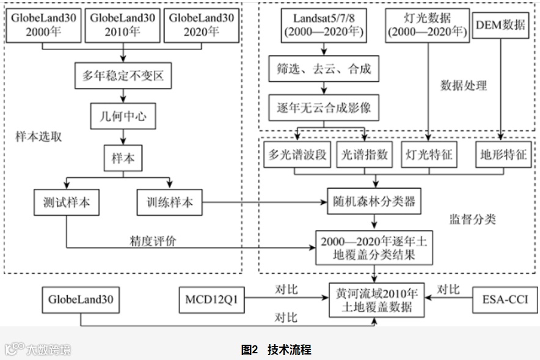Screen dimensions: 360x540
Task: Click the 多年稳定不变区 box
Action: point(123,76)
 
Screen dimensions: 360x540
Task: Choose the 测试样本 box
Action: point(67,202)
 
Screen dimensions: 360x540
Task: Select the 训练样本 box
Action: point(169,202)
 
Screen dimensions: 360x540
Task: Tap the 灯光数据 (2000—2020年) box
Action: point(427,25)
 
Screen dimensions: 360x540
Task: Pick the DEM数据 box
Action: point(500,25)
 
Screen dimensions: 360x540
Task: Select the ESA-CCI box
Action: point(506,300)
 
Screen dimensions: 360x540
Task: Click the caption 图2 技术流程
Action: point(276,350)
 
